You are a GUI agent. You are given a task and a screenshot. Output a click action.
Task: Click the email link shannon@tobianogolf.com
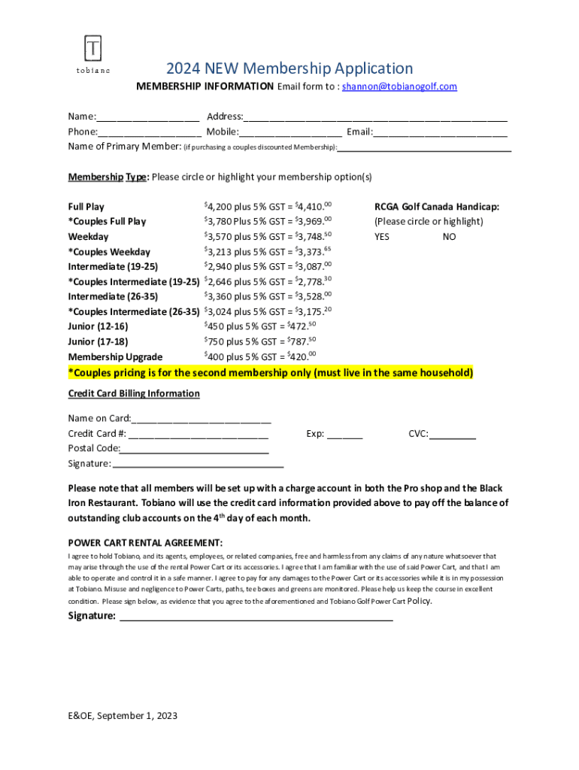pyautogui.click(x=399, y=86)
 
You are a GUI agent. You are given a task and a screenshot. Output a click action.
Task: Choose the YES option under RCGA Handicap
pyautogui.click(x=382, y=236)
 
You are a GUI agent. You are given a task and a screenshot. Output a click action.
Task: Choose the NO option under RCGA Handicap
pyautogui.click(x=449, y=236)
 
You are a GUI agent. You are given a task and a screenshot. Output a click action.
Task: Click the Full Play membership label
pyautogui.click(x=86, y=207)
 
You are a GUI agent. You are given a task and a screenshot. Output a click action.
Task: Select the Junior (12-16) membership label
pyautogui.click(x=98, y=326)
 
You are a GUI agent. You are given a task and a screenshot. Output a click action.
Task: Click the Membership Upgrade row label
pyautogui.click(x=115, y=356)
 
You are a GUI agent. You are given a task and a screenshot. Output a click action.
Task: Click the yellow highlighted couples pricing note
pyautogui.click(x=271, y=373)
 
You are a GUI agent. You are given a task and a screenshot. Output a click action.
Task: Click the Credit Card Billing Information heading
pyautogui.click(x=134, y=393)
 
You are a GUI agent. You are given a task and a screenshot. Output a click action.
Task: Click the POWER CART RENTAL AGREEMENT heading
pyautogui.click(x=145, y=543)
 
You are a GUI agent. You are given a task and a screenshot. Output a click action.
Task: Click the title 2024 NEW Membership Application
pyautogui.click(x=289, y=68)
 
